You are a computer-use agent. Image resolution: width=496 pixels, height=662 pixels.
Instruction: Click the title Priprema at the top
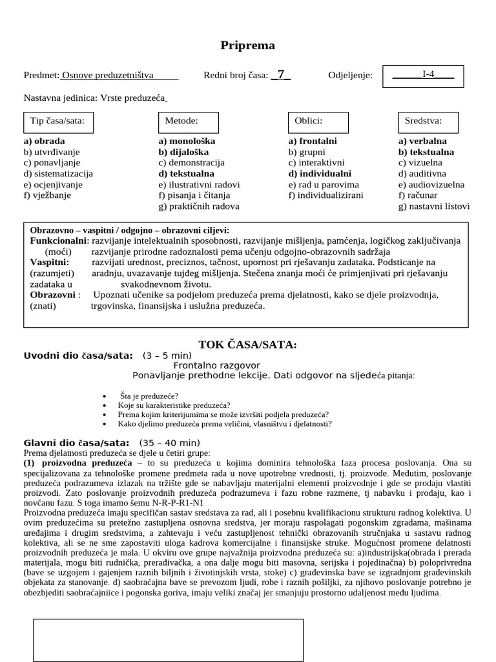pos(247,45)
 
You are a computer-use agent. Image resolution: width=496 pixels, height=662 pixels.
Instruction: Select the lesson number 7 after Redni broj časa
pos(281,74)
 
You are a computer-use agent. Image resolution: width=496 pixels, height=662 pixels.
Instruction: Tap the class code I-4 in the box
pos(428,74)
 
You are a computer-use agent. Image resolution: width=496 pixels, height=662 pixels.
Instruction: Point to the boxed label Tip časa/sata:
pos(57,120)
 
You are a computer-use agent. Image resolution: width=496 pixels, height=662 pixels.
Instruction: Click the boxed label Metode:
pos(181,120)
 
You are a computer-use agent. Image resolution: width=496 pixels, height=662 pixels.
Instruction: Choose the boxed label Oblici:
pos(308,120)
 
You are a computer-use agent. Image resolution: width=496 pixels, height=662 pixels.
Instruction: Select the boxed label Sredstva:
pos(423,120)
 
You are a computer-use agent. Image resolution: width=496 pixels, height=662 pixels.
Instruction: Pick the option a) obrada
pos(44,141)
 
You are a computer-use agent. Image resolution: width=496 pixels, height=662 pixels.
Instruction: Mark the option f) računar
pos(418,195)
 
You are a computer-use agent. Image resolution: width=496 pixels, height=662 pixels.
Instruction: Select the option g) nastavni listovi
pos(434,206)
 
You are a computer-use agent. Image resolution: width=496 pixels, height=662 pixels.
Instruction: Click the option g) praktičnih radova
pos(199,206)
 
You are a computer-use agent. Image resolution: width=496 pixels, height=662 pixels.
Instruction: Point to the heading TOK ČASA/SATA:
pos(247,345)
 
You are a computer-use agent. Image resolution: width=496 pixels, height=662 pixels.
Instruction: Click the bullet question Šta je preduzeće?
pos(149,396)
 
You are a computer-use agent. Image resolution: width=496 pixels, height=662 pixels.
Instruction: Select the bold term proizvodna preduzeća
pos(87,464)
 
